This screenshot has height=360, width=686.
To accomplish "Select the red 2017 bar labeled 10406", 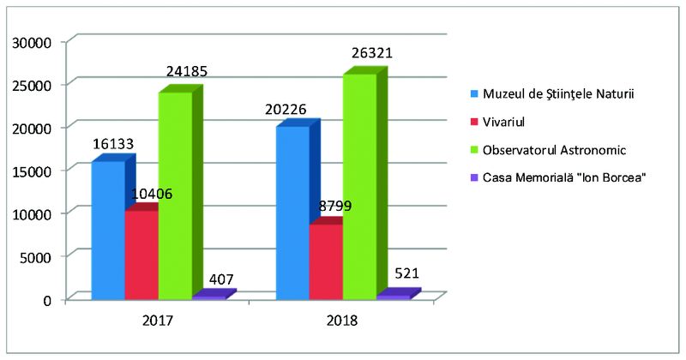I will [141, 255].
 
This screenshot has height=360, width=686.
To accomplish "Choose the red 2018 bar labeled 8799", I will [325, 261].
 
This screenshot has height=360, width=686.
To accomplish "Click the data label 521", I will [407, 275].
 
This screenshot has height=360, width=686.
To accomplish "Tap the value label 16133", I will [113, 144].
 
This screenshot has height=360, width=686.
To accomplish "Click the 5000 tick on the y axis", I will [38, 256].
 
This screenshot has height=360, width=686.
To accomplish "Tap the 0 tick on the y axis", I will [48, 299].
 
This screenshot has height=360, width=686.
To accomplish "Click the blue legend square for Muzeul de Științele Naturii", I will [472, 93].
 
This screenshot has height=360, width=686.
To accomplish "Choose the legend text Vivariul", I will [506, 122].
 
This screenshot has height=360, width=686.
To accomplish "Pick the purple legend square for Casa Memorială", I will [472, 177].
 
